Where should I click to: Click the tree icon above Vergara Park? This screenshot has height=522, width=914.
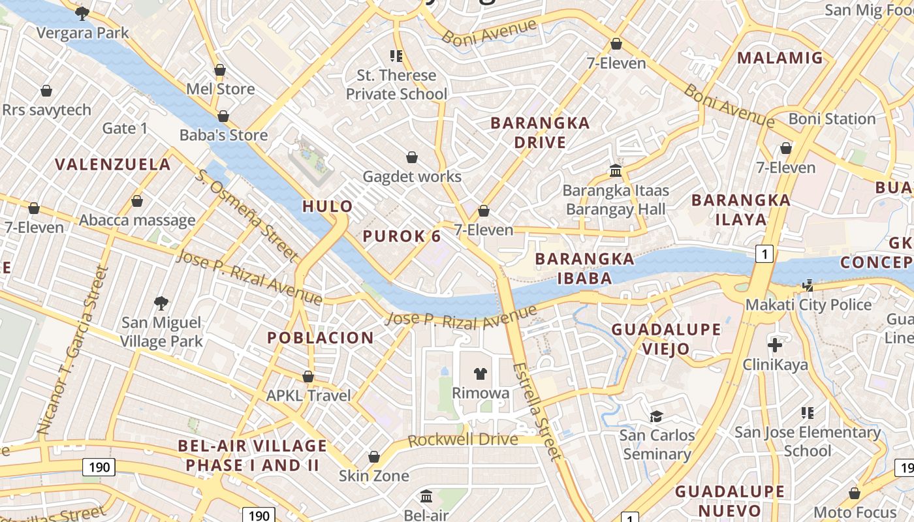(x=82, y=13)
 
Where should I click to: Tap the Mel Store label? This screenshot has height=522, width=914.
(x=220, y=89)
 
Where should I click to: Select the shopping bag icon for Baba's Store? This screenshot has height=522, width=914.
(x=223, y=116)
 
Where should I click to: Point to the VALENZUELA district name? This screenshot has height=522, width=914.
(x=113, y=164)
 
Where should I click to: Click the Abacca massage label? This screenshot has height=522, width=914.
(x=137, y=221)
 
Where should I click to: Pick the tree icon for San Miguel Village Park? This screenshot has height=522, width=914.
(x=161, y=303)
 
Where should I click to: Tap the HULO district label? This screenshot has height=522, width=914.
(x=328, y=207)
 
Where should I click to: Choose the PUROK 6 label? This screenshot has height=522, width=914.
(x=402, y=236)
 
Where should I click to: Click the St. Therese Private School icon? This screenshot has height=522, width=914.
(x=396, y=56)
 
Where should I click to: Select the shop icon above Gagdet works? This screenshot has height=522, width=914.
(x=412, y=157)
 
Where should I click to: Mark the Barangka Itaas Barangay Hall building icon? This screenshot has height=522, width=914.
(x=616, y=171)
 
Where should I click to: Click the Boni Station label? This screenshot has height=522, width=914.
(x=832, y=119)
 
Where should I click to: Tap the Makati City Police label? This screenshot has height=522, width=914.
(x=808, y=305)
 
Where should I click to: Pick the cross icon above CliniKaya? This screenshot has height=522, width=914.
(x=775, y=345)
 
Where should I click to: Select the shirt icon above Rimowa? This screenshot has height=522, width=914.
(x=481, y=373)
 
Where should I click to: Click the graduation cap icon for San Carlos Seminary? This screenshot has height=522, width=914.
(x=656, y=416)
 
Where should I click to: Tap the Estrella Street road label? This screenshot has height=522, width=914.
(x=536, y=411)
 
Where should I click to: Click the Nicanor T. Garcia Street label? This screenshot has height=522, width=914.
(x=71, y=350)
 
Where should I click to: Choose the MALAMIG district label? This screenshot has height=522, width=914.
(x=780, y=58)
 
